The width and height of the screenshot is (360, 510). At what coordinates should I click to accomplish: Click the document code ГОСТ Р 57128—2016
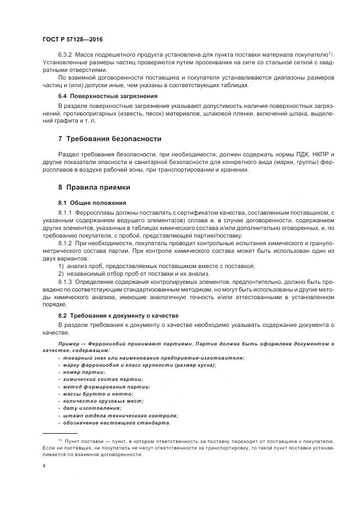click(x=72, y=39)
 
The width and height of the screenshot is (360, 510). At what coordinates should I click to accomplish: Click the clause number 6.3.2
click(x=65, y=55)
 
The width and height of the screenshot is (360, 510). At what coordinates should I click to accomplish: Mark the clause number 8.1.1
click(x=65, y=211)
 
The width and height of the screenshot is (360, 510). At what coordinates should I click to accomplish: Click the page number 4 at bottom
click(x=44, y=466)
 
